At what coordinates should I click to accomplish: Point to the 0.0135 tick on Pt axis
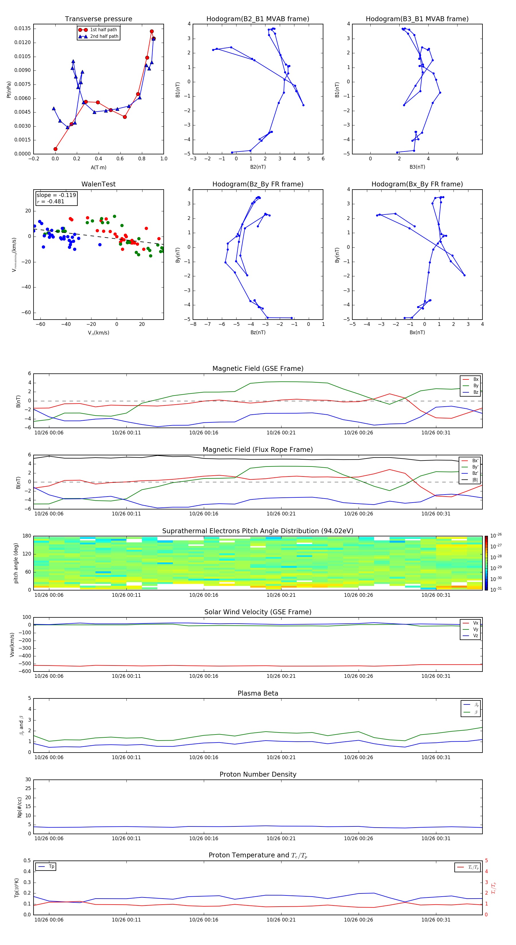pos(22,29)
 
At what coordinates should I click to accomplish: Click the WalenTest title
pos(98,184)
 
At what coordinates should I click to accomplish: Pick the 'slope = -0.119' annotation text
pos(56,195)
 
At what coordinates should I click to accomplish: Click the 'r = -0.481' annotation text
pos(51,201)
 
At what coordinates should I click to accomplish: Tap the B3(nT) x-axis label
pos(417,167)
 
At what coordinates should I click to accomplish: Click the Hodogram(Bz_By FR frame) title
pos(257,184)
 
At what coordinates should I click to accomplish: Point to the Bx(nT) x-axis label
pos(417,332)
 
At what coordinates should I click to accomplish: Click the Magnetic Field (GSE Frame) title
pos(258,369)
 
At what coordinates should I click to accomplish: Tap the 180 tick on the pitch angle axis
pos(27,536)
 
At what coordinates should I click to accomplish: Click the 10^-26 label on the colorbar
pos(496,535)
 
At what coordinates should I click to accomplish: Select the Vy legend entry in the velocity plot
pos(475,629)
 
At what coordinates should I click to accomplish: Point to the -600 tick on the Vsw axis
pos(25,671)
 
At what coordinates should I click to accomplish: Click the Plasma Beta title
pos(258,693)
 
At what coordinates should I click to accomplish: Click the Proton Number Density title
pos(258,774)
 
